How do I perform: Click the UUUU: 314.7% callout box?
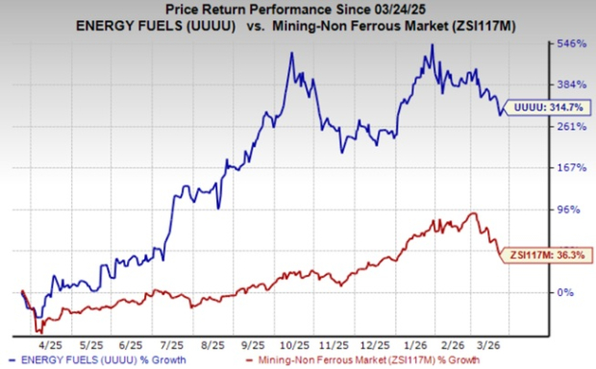(x=550, y=107)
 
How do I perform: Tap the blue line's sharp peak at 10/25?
(x=291, y=53)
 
